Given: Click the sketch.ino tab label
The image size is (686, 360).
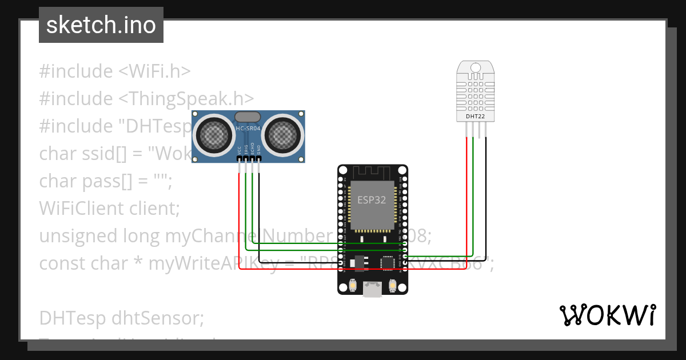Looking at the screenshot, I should [101, 25].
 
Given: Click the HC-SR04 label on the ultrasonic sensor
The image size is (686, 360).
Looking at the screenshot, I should [248, 129].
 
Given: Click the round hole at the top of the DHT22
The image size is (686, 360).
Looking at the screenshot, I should [476, 69].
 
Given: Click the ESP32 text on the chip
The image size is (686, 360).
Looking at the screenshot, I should [372, 200].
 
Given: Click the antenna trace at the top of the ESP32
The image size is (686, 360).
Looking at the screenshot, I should [372, 171].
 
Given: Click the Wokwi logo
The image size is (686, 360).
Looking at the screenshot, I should [607, 315].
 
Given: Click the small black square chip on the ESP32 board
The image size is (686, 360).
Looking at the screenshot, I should [388, 262].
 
